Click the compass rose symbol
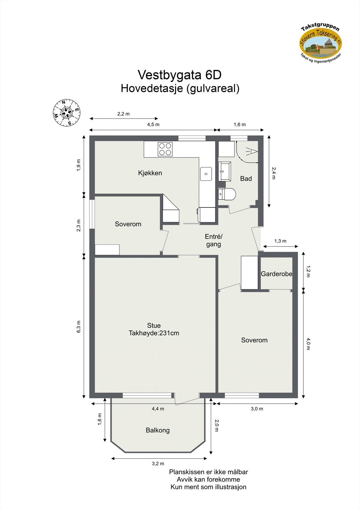[67, 113]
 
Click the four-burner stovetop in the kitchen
[165, 149]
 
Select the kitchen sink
[206, 174]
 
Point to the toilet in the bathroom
[227, 194]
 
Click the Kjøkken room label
[150, 173]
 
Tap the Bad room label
[246, 179]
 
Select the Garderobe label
[276, 274]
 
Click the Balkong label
[158, 430]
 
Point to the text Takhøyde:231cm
[154, 333]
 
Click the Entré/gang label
[214, 241]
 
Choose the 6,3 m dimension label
[79, 327]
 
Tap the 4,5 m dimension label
[153, 125]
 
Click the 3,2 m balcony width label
[158, 464]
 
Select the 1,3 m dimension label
[280, 241]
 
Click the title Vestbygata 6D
[180, 75]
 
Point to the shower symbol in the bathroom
[251, 152]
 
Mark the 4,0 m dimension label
[308, 344]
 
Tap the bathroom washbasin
[224, 171]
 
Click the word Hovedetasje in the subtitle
[151, 88]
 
